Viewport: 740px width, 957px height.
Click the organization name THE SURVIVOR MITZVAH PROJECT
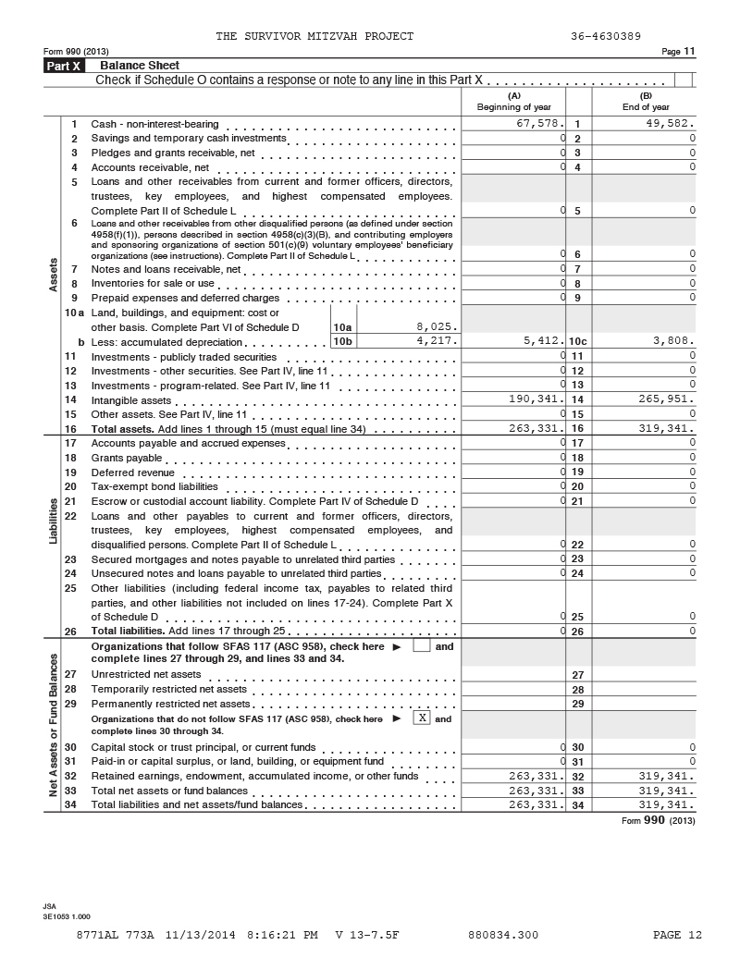(x=314, y=36)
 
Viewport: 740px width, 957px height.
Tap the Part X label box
(x=64, y=66)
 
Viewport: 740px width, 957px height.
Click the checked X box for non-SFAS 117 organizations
(x=421, y=718)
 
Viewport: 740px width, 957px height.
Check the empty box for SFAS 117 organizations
(x=421, y=646)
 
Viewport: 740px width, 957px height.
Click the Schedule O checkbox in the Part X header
(x=684, y=80)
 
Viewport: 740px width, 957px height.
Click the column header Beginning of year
(x=513, y=102)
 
